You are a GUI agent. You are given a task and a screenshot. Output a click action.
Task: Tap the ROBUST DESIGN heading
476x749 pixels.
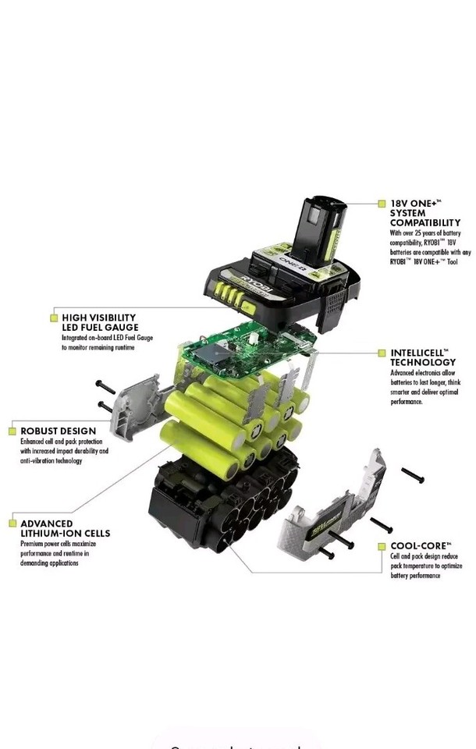click(x=59, y=431)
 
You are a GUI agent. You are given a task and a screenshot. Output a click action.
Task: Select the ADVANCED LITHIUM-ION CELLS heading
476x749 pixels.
click(x=65, y=528)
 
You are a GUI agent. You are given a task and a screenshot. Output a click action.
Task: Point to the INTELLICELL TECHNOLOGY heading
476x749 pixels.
click(x=423, y=357)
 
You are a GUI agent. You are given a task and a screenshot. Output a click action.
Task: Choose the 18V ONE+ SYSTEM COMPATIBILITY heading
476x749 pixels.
click(x=424, y=212)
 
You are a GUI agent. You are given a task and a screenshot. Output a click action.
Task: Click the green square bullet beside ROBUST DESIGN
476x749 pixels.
click(x=12, y=431)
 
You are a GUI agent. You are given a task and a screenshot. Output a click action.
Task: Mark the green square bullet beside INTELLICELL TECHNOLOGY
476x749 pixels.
click(x=382, y=353)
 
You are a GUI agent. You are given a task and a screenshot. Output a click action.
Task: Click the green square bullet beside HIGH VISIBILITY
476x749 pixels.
click(x=54, y=318)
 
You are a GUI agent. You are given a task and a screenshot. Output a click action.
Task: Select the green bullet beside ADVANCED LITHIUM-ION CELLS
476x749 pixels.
click(x=12, y=524)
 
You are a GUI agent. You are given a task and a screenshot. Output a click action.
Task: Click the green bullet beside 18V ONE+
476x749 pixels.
click(x=382, y=203)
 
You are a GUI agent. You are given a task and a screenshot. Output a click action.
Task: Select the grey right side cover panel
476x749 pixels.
click(x=336, y=507)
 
